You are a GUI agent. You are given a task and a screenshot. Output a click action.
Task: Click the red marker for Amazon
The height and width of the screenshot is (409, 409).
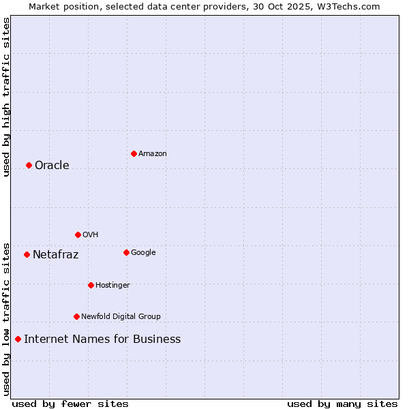coord(134,153)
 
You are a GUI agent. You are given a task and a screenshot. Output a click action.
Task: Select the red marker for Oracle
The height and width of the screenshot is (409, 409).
coord(29,165)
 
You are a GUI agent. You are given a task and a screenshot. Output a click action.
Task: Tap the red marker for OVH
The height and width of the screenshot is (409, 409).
coord(78,234)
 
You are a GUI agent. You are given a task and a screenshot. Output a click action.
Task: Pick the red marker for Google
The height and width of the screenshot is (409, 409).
coord(126,252)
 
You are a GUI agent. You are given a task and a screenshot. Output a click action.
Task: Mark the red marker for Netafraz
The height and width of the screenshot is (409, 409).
coord(27,254)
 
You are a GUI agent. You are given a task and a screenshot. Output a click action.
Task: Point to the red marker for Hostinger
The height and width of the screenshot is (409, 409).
coord(91,285)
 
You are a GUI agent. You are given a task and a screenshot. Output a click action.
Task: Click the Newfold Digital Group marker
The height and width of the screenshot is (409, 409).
coord(76,316)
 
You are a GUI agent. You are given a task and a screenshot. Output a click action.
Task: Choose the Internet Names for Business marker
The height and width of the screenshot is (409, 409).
coord(18,339)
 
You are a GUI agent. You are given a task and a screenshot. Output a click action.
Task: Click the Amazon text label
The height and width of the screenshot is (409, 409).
coord(152,154)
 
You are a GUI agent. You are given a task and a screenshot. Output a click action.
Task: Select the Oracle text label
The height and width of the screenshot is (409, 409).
coord(52,166)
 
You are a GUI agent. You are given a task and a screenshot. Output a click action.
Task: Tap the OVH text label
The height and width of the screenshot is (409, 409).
coord(91,235)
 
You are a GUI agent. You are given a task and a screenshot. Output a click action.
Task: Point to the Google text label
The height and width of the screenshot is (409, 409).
coord(143,253)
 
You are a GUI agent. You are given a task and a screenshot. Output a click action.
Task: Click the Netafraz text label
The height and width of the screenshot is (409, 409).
coord(55,255)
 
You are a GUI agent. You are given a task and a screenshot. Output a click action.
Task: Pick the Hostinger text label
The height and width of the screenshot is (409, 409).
coord(112,286)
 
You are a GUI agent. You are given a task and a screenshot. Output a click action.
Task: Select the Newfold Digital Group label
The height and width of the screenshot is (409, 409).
coord(121,317)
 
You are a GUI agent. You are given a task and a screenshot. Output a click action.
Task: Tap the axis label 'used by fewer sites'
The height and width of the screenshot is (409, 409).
coord(70,404)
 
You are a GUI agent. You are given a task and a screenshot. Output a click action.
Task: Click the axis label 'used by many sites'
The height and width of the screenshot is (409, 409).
coord(342,404)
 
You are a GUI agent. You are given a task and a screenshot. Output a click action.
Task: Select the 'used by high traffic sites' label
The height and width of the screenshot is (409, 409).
coord(6,97)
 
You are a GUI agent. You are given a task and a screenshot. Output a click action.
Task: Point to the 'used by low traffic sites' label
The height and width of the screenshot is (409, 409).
coord(6,318)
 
